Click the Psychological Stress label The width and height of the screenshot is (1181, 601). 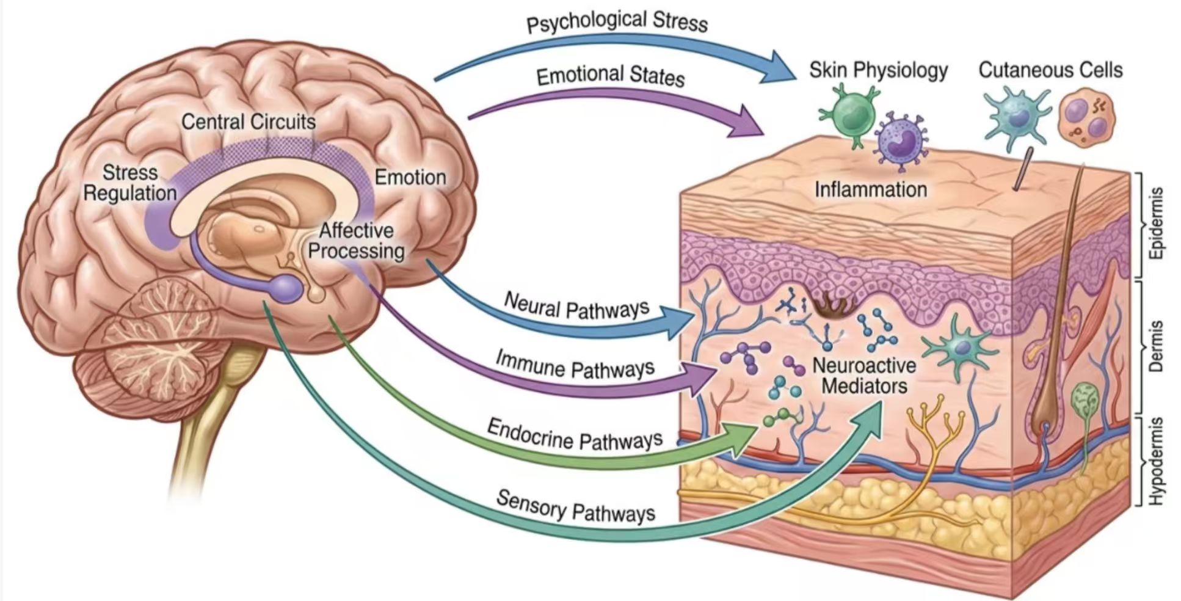[x=617, y=21]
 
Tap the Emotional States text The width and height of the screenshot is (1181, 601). [x=610, y=76]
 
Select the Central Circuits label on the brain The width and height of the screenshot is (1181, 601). [x=249, y=122]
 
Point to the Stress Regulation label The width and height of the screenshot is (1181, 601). [x=130, y=183]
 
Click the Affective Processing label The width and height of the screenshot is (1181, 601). [x=356, y=241]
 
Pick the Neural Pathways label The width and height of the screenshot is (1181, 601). [x=576, y=306]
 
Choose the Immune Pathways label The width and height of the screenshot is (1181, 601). [x=575, y=365]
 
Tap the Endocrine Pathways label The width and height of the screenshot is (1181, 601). [x=575, y=435]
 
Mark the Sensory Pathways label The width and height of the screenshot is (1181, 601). [x=576, y=507]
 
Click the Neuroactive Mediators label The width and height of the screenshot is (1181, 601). [x=864, y=376]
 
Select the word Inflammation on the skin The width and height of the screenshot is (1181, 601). [x=871, y=189]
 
